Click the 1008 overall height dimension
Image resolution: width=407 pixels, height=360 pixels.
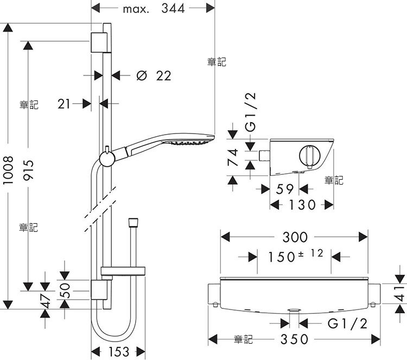click(x=8, y=170)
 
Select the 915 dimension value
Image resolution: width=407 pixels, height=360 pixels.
click(x=28, y=170)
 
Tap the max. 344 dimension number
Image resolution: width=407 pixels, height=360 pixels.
click(x=154, y=9)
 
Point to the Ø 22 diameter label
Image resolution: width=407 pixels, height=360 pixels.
click(x=154, y=76)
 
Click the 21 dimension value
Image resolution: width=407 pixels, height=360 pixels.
click(x=64, y=104)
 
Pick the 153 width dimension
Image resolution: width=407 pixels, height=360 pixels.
click(x=118, y=352)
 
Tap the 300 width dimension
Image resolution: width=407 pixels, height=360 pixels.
click(x=295, y=237)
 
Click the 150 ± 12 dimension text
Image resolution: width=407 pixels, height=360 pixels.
click(x=295, y=256)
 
